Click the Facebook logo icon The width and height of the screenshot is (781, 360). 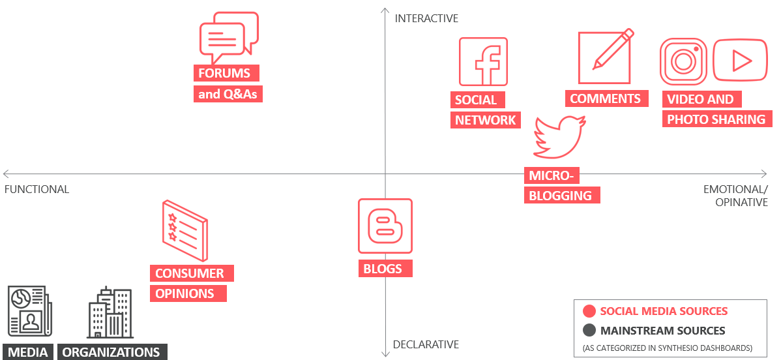(483, 61)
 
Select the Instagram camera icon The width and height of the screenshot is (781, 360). (683, 61)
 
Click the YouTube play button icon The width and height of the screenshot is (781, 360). (740, 61)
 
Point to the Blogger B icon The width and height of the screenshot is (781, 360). (385, 226)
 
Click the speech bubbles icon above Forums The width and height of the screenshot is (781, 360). (229, 34)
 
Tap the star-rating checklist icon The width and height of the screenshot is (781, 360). (184, 230)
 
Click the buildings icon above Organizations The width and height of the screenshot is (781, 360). (109, 312)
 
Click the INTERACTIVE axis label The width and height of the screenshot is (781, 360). (426, 18)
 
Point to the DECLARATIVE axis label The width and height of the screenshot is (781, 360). (426, 344)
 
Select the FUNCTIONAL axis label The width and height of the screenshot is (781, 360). (37, 190)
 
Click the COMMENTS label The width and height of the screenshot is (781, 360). (606, 98)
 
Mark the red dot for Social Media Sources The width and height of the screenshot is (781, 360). (589, 312)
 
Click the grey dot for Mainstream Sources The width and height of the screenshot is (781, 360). (589, 331)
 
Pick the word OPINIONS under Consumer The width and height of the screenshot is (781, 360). (184, 293)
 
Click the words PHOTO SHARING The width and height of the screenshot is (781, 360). (716, 119)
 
